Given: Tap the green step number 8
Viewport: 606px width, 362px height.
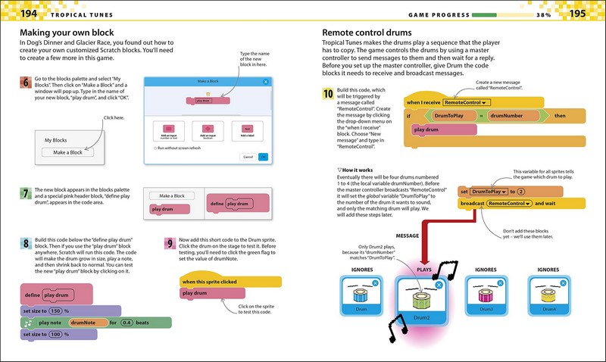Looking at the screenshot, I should point(24,244).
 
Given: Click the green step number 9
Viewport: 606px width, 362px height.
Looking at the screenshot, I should point(170,244).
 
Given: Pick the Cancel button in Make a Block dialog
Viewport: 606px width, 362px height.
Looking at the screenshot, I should point(247,157).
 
